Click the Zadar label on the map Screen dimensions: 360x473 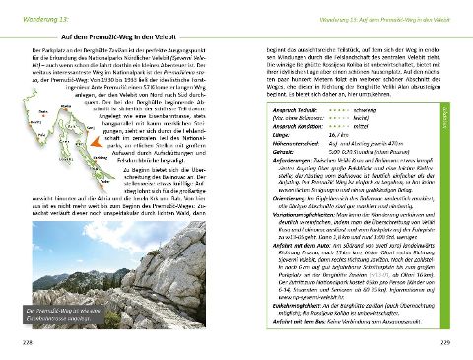[103, 181]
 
